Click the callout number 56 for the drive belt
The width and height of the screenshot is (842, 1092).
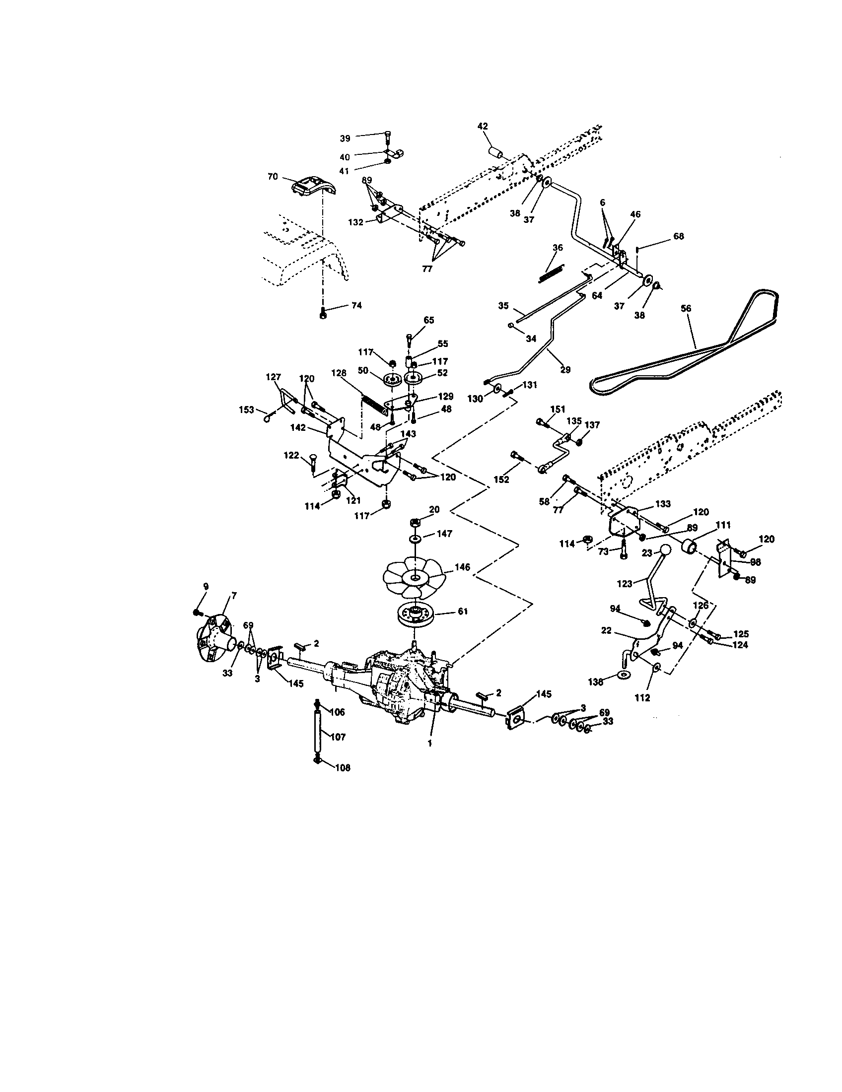click(686, 309)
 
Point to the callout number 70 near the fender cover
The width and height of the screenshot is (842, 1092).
click(273, 177)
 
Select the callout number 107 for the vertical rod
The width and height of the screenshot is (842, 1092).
click(338, 737)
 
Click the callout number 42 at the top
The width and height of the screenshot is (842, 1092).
click(483, 127)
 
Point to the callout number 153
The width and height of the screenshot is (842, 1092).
click(247, 409)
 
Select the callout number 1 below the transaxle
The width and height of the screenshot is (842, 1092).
click(429, 757)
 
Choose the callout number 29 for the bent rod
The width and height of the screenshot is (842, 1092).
click(565, 369)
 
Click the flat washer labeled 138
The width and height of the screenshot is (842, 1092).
click(623, 675)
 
